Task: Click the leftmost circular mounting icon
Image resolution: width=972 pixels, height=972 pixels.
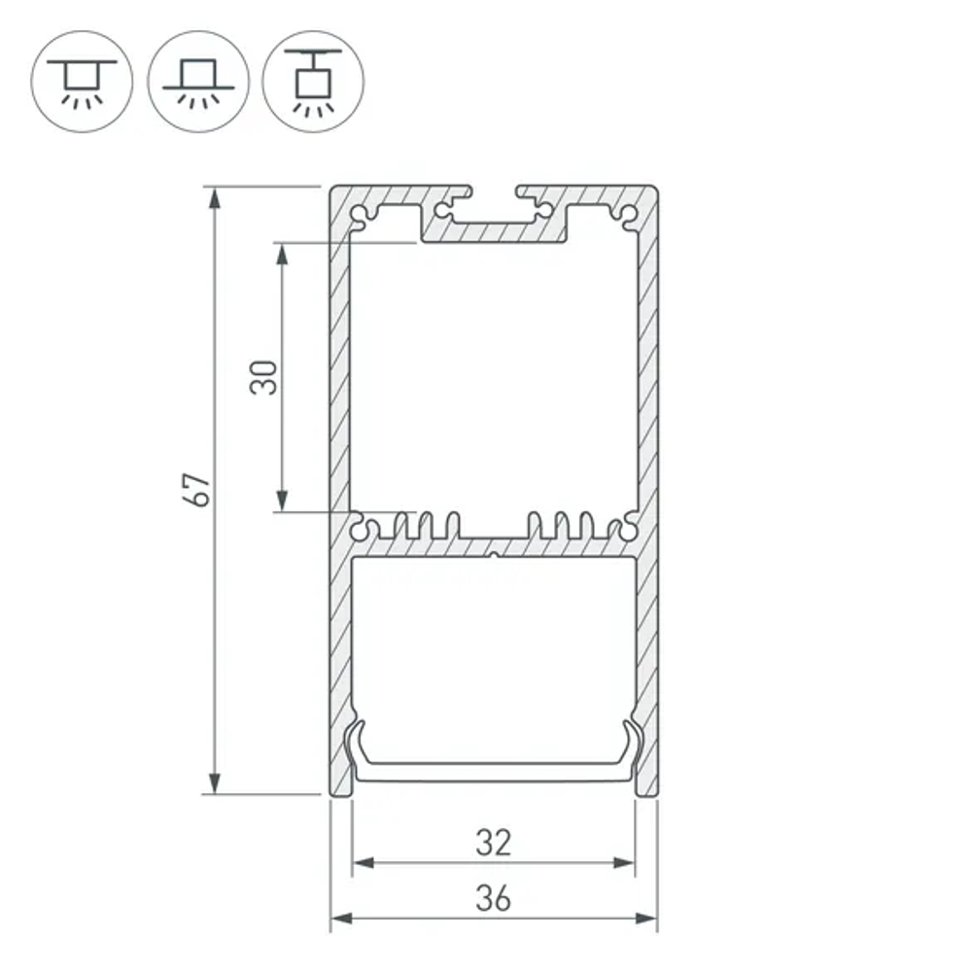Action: click(82, 81)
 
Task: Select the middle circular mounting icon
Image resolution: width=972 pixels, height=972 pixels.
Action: click(198, 81)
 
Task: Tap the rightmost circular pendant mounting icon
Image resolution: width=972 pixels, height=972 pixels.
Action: click(313, 81)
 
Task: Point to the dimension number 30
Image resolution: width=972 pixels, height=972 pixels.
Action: click(264, 377)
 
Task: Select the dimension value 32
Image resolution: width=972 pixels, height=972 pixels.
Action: click(494, 842)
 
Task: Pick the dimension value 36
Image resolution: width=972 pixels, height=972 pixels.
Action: click(494, 899)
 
